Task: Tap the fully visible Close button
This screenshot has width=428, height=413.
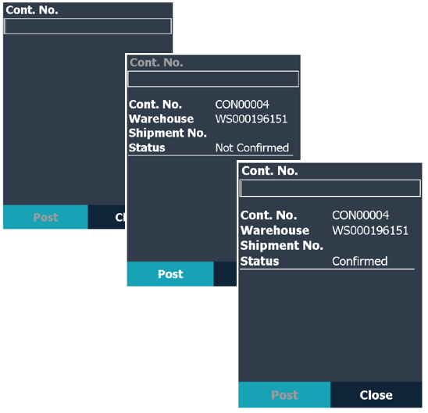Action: [376, 395]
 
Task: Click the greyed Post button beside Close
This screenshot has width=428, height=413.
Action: [284, 395]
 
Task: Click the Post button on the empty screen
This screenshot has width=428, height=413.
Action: [45, 217]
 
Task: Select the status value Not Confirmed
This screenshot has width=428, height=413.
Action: [252, 148]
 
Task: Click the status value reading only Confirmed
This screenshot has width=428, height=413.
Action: [360, 261]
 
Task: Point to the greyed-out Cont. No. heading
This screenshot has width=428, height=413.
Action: [156, 62]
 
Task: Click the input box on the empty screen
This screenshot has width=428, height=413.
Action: [87, 27]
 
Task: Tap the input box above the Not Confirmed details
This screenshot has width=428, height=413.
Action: [213, 79]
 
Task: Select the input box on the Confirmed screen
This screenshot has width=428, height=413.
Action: [330, 188]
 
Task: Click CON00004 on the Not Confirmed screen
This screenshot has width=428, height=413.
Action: [242, 105]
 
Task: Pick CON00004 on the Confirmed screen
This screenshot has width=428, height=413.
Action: [360, 215]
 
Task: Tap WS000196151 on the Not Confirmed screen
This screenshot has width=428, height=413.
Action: [251, 119]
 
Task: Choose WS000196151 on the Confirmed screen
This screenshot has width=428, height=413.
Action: [370, 230]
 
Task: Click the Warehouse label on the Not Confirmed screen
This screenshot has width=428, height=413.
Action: [162, 119]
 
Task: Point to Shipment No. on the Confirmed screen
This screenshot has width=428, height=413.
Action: [282, 245]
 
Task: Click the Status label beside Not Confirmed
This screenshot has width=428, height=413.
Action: [147, 148]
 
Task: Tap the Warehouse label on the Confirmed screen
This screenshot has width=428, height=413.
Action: [275, 230]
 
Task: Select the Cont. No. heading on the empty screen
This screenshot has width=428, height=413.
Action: [32, 10]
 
